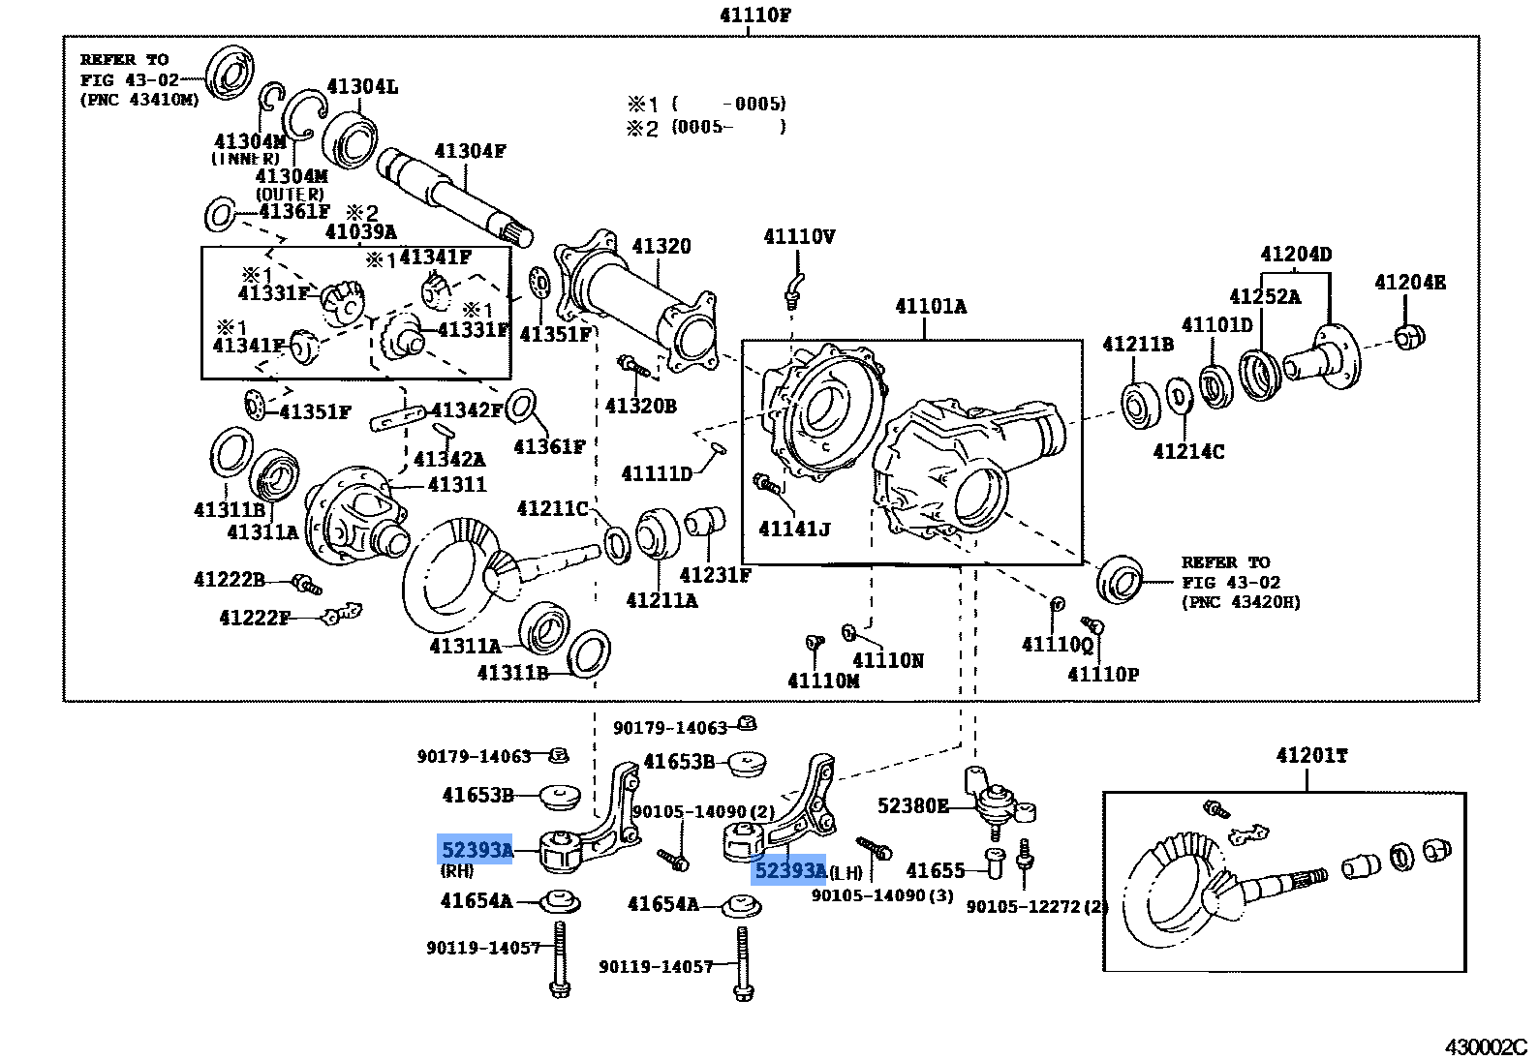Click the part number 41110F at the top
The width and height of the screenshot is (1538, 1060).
pos(754,15)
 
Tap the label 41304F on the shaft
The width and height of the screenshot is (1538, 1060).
pos(470,151)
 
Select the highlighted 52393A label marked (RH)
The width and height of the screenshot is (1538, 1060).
pos(475,850)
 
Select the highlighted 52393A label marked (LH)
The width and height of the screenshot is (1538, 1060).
pos(788,870)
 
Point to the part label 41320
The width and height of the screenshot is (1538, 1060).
pos(661,246)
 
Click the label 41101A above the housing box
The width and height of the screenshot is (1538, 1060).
pos(930,306)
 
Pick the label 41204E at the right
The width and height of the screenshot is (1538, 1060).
pos(1409,282)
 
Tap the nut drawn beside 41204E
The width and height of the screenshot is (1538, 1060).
pos(1409,338)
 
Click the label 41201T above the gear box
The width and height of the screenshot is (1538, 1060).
pos(1311,755)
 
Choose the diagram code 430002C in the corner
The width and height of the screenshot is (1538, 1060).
pos(1485,1046)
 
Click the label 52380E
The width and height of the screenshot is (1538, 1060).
pos(912,805)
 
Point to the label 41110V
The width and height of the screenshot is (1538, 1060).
pos(799,236)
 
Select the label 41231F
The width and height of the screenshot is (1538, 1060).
pos(715,575)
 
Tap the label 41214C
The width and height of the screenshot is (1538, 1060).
pos(1188,451)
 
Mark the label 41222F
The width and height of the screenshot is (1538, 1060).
pos(255,618)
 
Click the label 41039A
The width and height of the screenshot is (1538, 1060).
pos(360,231)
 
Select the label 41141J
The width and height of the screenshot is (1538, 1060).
pos(794,529)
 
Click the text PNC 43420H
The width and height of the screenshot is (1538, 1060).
pos(1241,602)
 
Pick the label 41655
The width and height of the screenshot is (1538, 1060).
pos(936,870)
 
